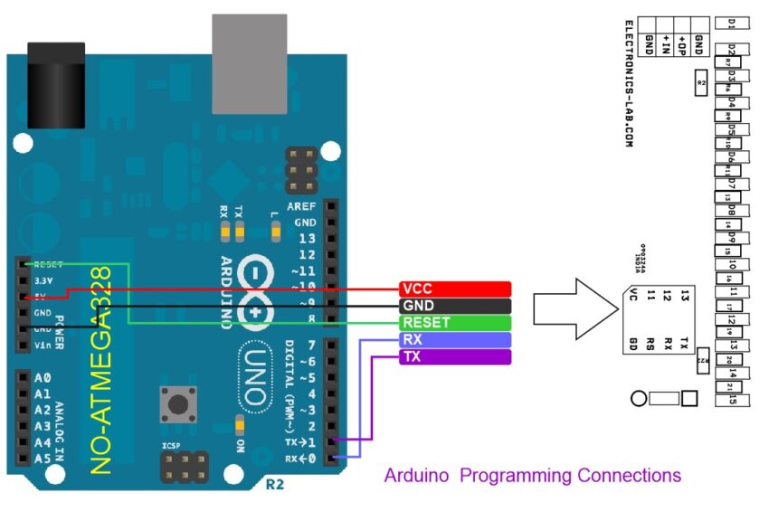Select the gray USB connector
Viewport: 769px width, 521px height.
249,62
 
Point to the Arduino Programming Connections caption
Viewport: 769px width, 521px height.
532,475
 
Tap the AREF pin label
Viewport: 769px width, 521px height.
302,206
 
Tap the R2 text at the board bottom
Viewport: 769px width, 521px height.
276,485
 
